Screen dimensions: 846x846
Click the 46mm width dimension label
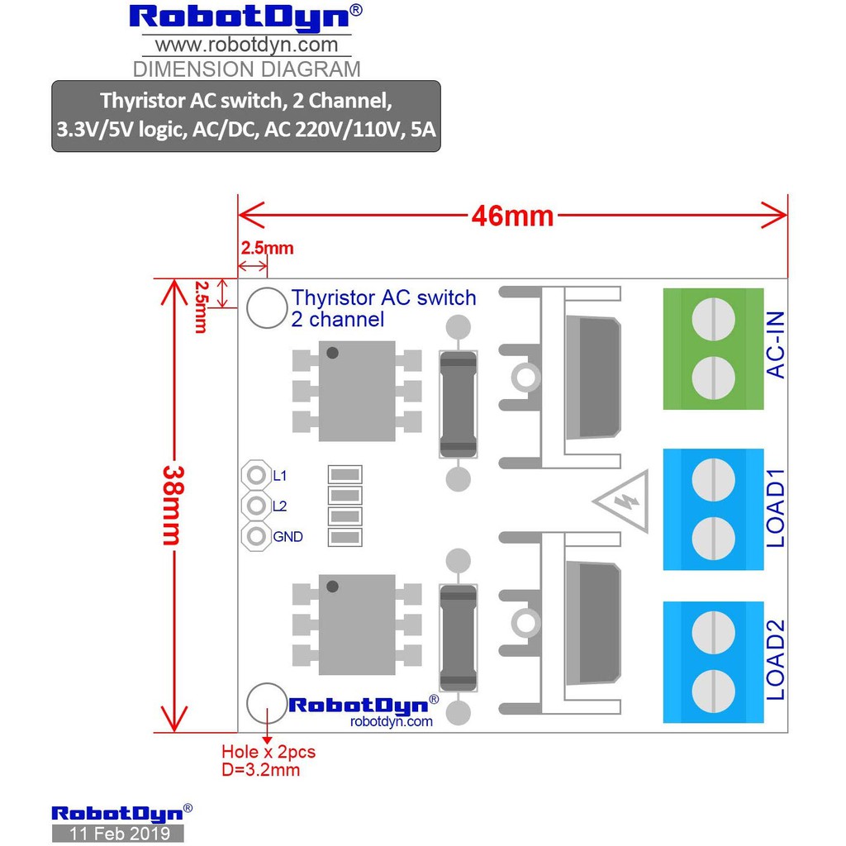512,216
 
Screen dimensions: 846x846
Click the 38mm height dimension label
171,505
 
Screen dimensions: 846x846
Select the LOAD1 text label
777,509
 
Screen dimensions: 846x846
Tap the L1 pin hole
255,476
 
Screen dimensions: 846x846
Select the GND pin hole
255,536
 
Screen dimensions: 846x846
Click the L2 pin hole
255,506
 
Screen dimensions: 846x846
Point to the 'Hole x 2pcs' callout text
269,753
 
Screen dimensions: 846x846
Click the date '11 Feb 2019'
118,833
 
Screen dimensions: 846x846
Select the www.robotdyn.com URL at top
246,45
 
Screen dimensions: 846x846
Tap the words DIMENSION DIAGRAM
246,69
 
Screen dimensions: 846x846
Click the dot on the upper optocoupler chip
332,353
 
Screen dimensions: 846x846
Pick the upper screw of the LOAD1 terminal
712,478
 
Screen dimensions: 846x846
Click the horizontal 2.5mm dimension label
267,248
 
